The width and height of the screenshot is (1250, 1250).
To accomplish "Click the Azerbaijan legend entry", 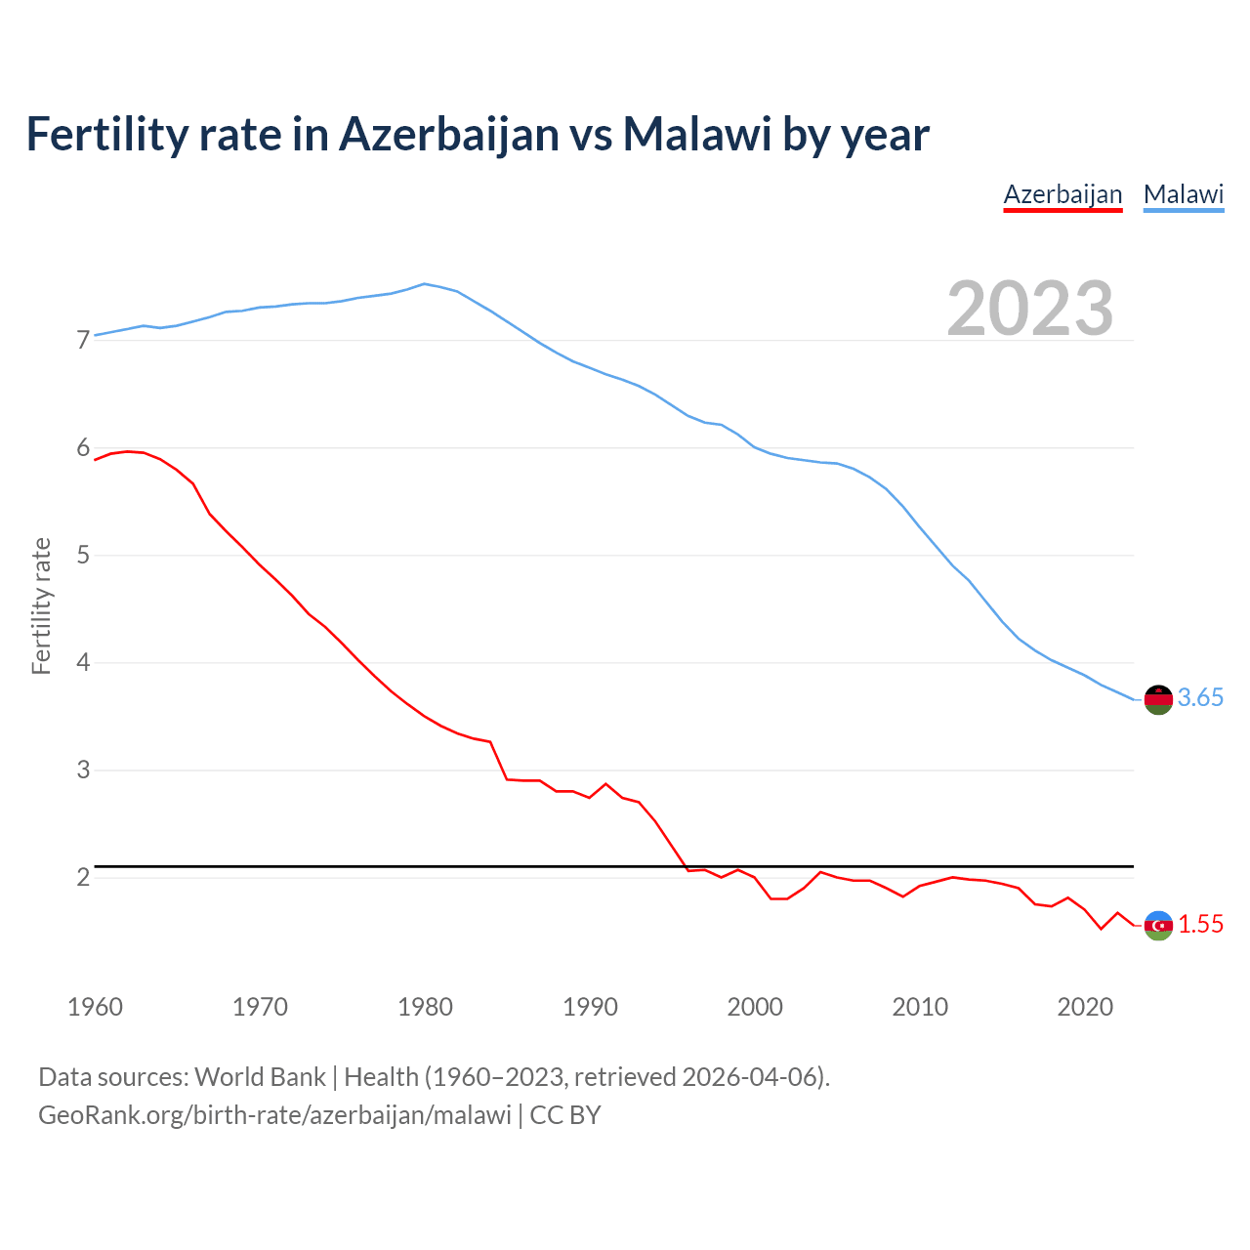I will coord(1062,194).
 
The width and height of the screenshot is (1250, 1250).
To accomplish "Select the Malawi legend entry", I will coord(1183,194).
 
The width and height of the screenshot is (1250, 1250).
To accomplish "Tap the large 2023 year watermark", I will coord(1030,309).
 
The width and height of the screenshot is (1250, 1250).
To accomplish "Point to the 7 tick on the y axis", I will coord(83,340).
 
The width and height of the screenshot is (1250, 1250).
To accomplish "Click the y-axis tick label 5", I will coord(83,556).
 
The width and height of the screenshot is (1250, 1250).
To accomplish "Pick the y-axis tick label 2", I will coord(83,877).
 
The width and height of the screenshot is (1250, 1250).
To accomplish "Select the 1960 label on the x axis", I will coord(95,1007).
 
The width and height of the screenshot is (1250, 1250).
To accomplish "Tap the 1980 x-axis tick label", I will coord(425,1007).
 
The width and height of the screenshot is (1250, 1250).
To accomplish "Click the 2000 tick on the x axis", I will coord(755,1007).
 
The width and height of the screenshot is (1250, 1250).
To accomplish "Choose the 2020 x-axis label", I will coord(1085,1007).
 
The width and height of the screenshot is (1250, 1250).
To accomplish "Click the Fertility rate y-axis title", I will coord(41,605).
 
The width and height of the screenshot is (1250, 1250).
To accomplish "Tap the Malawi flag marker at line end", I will coord(1157,699).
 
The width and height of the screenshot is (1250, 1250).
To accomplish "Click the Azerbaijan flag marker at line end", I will coord(1157,925).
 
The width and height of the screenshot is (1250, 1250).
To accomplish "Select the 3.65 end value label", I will coord(1200,697).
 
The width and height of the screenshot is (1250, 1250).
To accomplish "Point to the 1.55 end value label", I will coord(1200,924).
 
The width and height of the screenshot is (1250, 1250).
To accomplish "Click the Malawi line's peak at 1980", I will coord(424,284).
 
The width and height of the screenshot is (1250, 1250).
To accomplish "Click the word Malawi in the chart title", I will coord(697,134).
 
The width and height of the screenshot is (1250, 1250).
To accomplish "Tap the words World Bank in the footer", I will coord(260,1076).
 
